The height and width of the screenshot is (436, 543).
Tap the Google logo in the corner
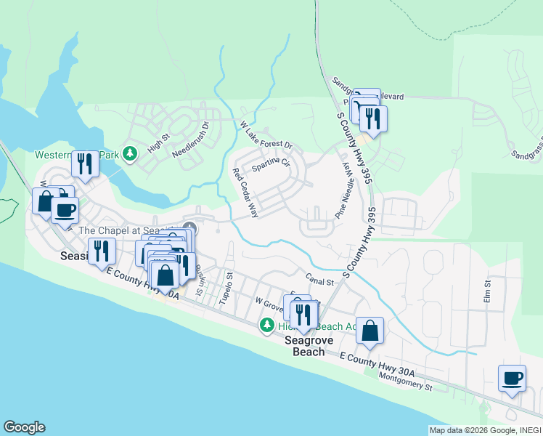24,427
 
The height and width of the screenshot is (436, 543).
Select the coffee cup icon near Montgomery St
513,379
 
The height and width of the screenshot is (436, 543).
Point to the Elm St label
487,291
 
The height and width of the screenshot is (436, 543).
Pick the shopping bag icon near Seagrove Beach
370,331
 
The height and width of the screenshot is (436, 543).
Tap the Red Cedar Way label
245,193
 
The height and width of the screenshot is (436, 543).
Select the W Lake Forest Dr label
266,135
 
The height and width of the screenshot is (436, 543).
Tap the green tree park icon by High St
130,153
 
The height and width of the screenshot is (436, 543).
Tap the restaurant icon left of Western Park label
85,164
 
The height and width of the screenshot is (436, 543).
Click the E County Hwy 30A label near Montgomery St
377,364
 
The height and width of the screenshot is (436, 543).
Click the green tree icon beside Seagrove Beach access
268,325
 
